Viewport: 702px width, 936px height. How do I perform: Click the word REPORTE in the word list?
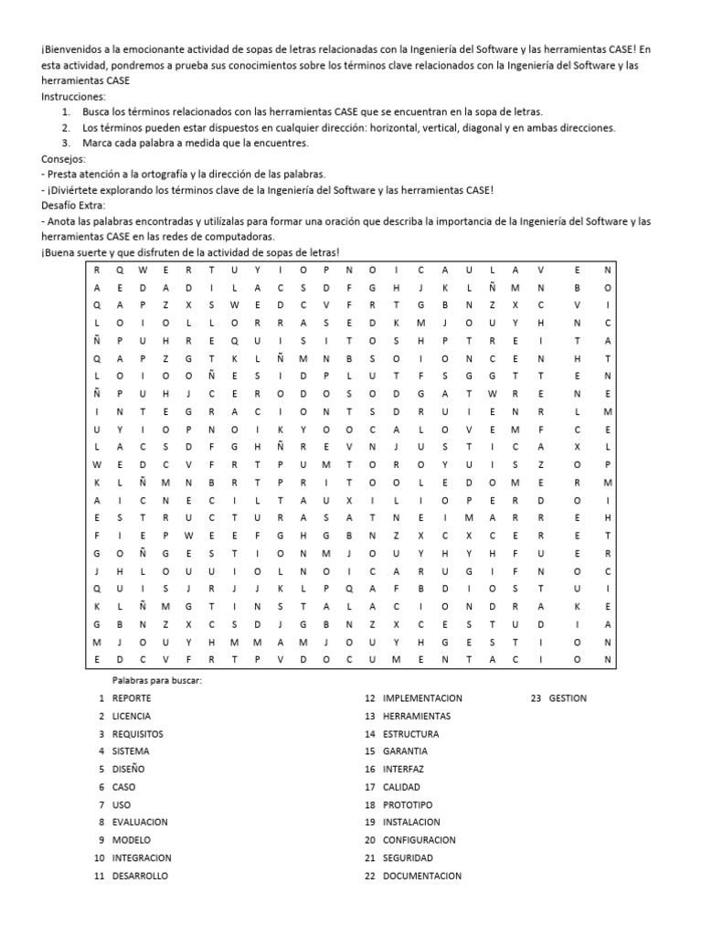tap(132, 698)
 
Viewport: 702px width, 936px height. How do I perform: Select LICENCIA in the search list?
tap(132, 716)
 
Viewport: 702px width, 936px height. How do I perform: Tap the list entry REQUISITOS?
tap(138, 734)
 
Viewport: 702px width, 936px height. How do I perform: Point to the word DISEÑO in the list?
tap(128, 769)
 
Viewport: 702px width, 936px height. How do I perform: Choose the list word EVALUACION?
tap(140, 822)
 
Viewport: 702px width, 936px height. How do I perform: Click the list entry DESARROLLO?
tap(141, 876)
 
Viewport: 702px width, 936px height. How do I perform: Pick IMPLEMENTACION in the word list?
tap(422, 698)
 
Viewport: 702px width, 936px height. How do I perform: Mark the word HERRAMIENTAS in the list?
tap(417, 716)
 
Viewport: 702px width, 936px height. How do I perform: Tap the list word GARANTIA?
tap(405, 751)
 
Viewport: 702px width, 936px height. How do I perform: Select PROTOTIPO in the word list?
tap(408, 804)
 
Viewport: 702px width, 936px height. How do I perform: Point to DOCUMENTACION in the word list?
tap(421, 876)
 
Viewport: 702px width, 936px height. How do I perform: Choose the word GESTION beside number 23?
tap(568, 698)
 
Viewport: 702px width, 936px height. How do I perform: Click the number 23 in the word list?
tap(536, 698)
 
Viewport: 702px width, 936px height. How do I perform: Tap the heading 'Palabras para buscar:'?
tap(157, 681)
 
